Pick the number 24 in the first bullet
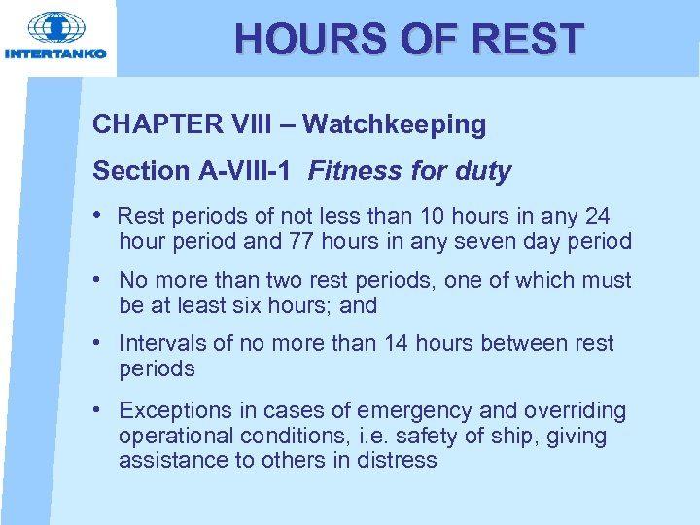[596, 216]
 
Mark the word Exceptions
[172, 411]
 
